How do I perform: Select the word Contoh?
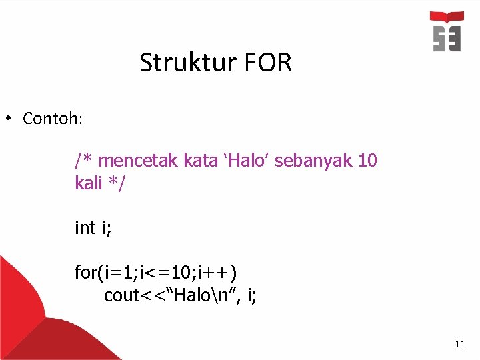tap(51, 119)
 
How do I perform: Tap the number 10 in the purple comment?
tap(367, 161)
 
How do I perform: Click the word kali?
tap(89, 183)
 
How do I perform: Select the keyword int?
tap(85, 228)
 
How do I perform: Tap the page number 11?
tap(459, 344)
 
